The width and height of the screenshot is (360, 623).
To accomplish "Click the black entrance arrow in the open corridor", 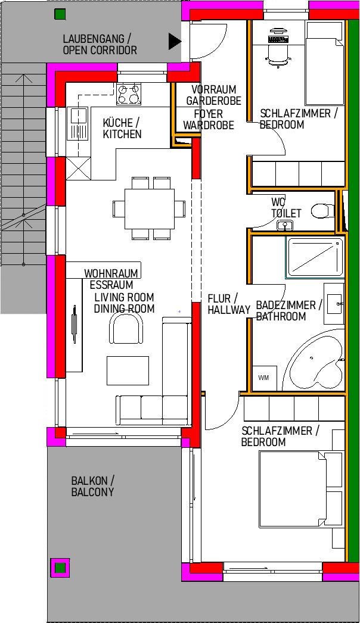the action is click(x=174, y=41).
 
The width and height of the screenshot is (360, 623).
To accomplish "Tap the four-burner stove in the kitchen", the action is click(x=129, y=94).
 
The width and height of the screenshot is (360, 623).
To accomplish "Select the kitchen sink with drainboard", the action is click(x=79, y=123).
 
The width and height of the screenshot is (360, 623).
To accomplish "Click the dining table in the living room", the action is click(x=150, y=208).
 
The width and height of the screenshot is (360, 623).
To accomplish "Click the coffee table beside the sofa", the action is click(x=128, y=370).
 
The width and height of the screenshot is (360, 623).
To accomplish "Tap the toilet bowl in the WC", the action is click(x=322, y=211).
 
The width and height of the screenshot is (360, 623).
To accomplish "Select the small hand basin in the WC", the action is click(x=285, y=226).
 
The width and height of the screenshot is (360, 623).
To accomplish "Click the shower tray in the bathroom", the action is click(x=314, y=257).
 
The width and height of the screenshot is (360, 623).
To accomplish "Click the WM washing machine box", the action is click(x=263, y=378).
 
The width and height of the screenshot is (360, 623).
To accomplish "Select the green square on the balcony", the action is click(x=60, y=568).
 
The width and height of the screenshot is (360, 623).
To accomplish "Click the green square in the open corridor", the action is click(x=60, y=14).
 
